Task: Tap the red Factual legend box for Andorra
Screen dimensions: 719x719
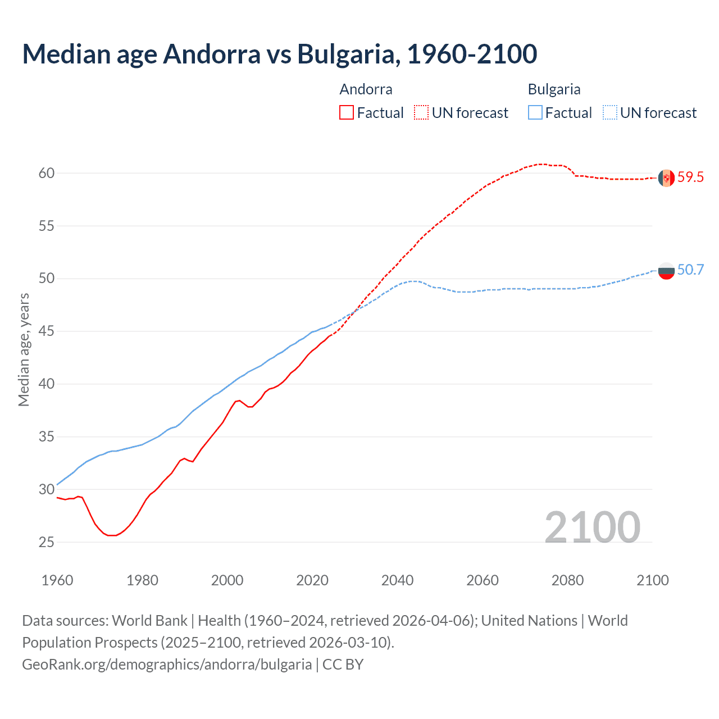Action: [x=347, y=113]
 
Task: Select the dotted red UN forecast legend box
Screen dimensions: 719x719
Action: [x=421, y=113]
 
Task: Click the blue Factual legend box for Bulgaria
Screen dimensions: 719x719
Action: [x=535, y=113]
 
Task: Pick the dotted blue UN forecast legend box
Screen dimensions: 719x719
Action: [x=609, y=113]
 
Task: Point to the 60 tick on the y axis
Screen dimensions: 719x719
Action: [x=47, y=173]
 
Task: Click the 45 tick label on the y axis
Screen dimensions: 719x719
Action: [x=47, y=331]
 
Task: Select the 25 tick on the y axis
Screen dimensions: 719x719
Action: [x=47, y=542]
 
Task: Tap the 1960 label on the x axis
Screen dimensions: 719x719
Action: [x=57, y=580]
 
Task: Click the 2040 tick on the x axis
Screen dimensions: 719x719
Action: [x=397, y=580]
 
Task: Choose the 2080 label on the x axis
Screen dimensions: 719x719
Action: [x=567, y=580]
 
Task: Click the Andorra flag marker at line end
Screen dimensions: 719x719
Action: [x=666, y=178]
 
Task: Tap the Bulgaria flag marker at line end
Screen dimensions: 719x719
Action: [x=666, y=271]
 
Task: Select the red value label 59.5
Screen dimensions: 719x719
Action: [x=690, y=178]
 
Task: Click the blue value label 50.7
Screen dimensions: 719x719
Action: [x=690, y=270]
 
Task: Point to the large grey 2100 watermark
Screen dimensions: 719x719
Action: [x=592, y=527]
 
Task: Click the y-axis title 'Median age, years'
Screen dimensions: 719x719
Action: [x=24, y=349]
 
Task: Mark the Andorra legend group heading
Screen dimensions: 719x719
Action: [x=366, y=89]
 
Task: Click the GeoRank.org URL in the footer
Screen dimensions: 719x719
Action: [x=167, y=665]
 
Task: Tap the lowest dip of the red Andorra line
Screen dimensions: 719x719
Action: [x=112, y=535]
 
